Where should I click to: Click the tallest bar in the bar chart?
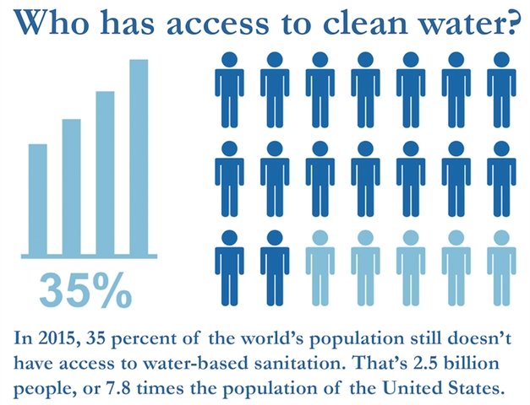click(x=139, y=156)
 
